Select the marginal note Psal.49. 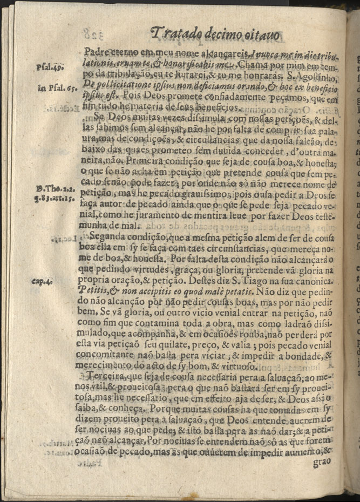[51, 67]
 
